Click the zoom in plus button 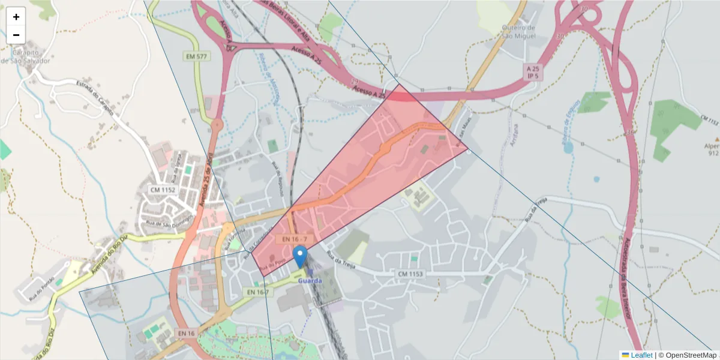pyautogui.click(x=16, y=17)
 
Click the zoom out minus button pyautogui.click(x=16, y=35)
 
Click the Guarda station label pyautogui.click(x=310, y=281)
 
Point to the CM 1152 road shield pyautogui.click(x=163, y=190)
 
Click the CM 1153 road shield pyautogui.click(x=410, y=274)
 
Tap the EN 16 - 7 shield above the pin pyautogui.click(x=295, y=239)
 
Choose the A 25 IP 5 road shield pyautogui.click(x=533, y=73)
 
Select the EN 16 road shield pyautogui.click(x=187, y=333)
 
